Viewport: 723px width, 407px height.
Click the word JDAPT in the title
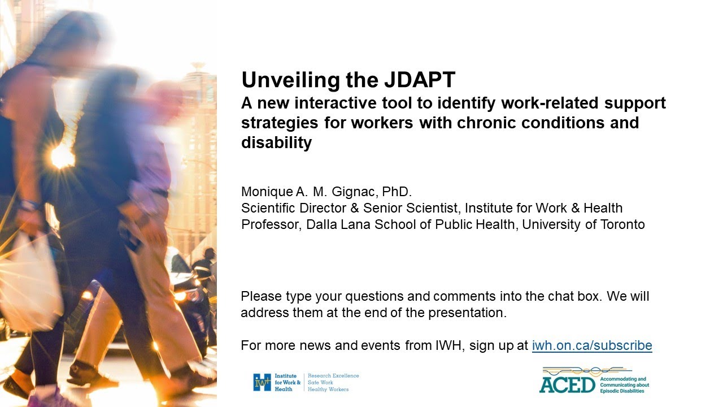tap(420, 80)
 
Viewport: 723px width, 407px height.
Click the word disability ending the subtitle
tap(276, 143)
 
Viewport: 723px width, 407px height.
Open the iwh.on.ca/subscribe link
tap(592, 345)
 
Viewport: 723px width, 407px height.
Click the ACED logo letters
tap(567, 385)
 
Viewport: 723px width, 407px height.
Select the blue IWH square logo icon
tap(262, 382)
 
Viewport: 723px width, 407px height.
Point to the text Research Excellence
tap(333, 376)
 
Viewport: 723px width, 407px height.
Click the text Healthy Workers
tap(328, 389)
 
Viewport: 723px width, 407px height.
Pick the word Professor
tap(271, 224)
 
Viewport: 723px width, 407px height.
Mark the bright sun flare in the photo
tap(62, 156)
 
